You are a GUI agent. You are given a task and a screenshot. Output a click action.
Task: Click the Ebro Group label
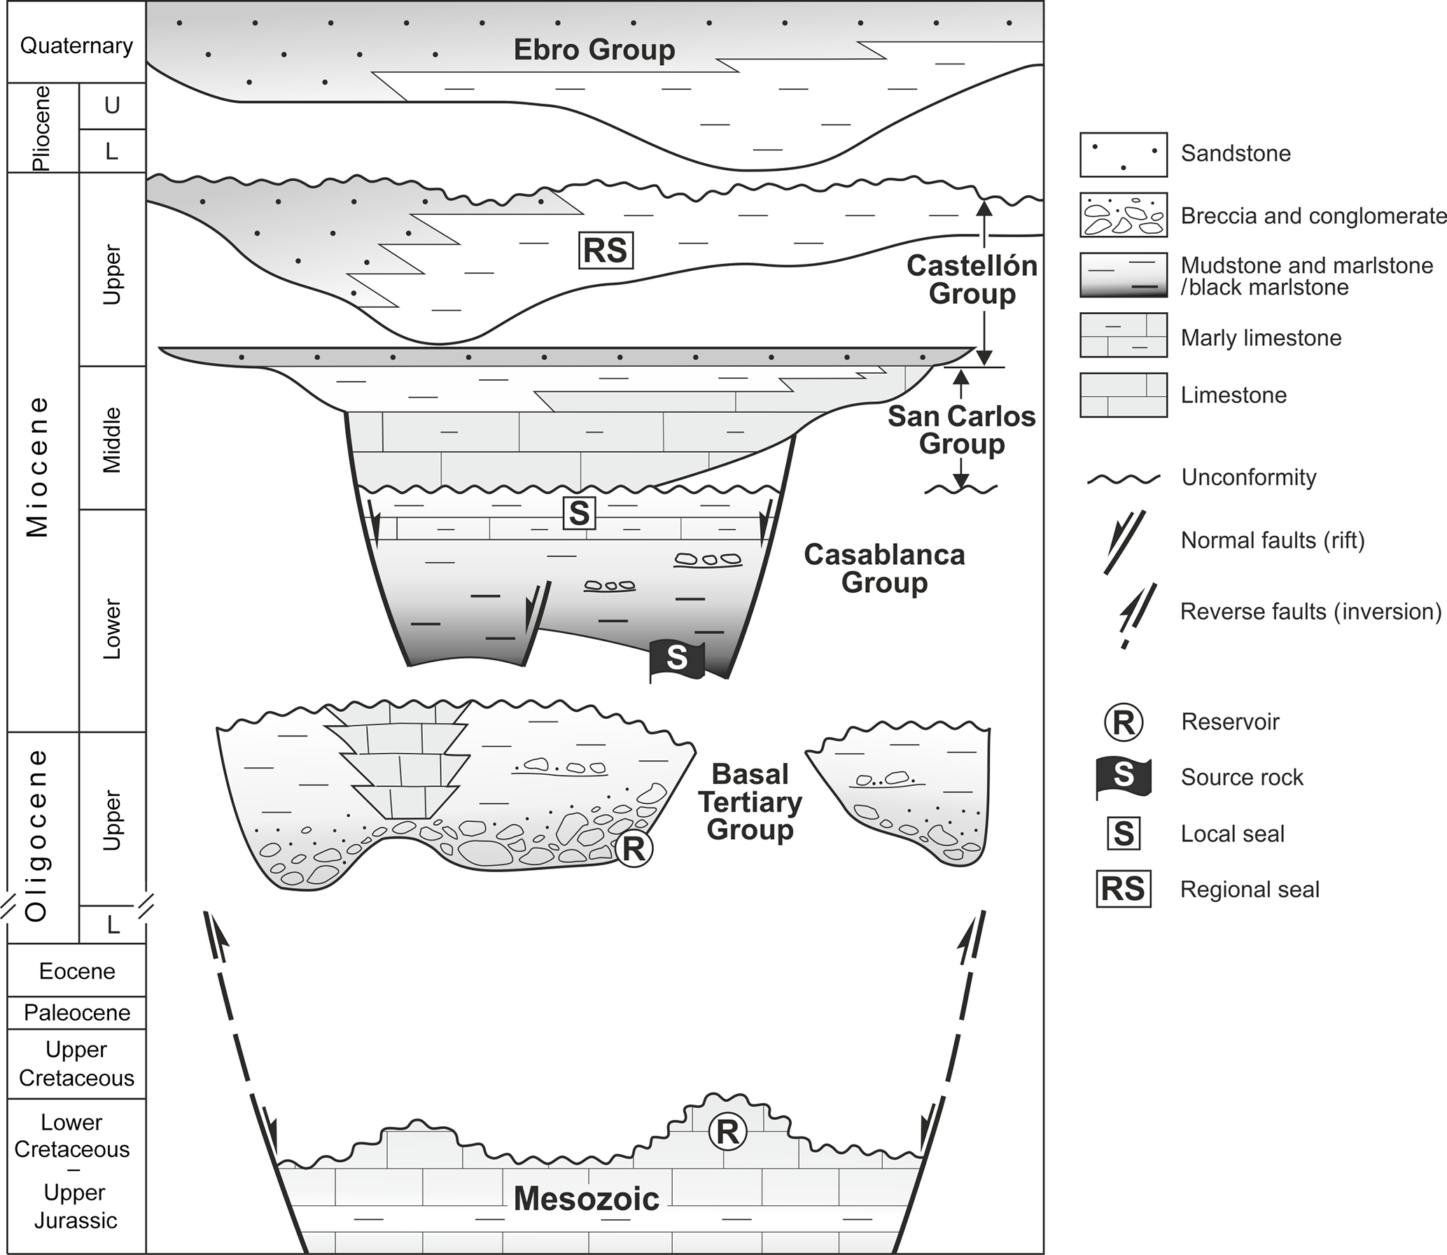coord(594,50)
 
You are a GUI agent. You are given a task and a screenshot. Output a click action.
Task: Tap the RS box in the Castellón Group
coord(606,251)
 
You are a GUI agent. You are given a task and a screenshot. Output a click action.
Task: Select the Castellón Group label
coord(972,279)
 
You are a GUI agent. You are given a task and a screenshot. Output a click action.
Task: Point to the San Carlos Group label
coord(962,430)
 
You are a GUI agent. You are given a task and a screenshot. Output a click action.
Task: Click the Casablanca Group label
coord(884,568)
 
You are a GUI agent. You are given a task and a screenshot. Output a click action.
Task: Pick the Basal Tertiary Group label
coord(750,802)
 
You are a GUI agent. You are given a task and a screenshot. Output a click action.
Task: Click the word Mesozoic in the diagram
coord(586,1198)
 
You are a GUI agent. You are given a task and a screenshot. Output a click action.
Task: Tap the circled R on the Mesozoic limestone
coord(727,1132)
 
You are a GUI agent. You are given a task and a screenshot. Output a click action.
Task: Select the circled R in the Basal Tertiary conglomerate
coord(633,849)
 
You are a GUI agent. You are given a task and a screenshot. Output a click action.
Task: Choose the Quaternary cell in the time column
coord(76,45)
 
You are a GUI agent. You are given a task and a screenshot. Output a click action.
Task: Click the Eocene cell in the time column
coord(76,972)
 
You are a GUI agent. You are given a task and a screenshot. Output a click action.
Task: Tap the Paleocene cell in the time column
coord(76,1013)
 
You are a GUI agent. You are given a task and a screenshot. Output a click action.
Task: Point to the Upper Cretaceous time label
coord(76,1063)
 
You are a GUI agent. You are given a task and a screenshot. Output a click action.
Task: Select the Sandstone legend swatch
coord(1123,154)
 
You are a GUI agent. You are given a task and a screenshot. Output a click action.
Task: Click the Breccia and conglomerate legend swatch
coord(1123,215)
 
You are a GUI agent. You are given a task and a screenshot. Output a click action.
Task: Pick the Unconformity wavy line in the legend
coord(1123,479)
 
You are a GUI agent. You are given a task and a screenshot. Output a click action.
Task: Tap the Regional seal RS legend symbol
coord(1123,890)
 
